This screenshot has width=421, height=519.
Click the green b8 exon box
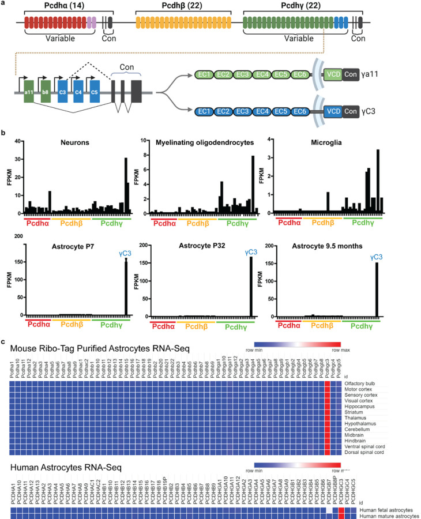click(46, 92)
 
